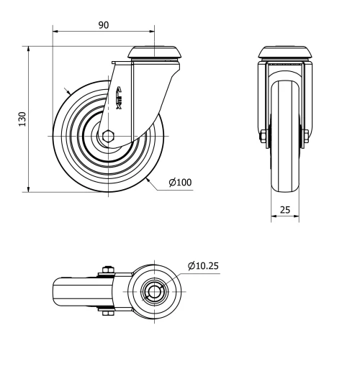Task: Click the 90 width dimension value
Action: coord(104,24)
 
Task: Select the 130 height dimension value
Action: coord(22,118)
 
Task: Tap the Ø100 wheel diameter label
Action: coord(180,183)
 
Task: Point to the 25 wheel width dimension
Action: coord(285,209)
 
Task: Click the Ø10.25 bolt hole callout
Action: coord(203,265)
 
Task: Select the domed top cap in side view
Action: coord(153,53)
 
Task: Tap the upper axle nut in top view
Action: coord(107,270)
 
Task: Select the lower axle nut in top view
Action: coord(107,312)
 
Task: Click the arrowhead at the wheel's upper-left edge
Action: coord(67,92)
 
